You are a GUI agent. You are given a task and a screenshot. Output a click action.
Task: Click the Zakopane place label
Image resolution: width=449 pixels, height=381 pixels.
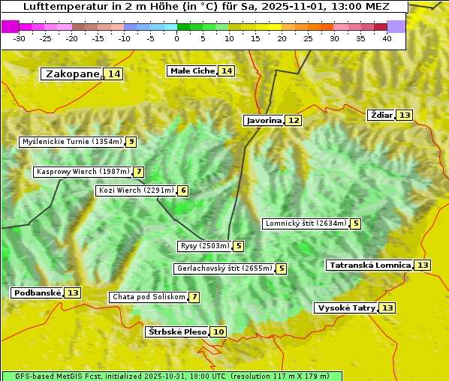[x=72, y=73]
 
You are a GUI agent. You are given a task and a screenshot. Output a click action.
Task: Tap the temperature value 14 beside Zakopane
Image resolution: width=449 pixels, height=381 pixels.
[x=113, y=73]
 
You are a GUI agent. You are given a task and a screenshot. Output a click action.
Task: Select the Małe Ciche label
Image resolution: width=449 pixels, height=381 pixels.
[x=192, y=70]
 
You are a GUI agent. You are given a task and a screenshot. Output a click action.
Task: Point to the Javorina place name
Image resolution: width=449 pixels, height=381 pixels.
[x=264, y=120]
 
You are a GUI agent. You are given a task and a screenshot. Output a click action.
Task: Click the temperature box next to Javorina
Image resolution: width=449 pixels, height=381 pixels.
[x=294, y=120]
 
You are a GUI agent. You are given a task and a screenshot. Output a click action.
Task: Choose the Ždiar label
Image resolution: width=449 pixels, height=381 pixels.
[x=381, y=115]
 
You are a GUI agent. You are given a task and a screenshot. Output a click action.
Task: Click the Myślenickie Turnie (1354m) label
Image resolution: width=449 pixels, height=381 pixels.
[x=72, y=141]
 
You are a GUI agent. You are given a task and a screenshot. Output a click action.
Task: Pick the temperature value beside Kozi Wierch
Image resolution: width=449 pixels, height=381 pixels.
[x=183, y=190]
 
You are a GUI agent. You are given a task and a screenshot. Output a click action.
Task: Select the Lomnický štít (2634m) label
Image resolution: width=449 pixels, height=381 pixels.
[x=306, y=223]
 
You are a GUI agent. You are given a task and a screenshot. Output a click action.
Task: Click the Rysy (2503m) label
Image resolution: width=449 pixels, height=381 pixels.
[x=203, y=246]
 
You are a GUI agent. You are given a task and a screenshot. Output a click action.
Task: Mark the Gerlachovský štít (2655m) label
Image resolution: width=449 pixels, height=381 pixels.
[x=224, y=268]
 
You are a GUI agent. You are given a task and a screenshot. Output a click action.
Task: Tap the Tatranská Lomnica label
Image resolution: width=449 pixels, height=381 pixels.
[x=370, y=265]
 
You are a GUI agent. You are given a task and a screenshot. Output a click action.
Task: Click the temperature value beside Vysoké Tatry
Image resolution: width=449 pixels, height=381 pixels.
[x=387, y=307]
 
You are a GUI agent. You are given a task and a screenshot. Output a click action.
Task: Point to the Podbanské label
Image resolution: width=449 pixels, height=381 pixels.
[x=37, y=292]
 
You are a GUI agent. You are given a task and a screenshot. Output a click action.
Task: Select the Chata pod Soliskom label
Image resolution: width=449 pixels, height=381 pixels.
[x=148, y=297]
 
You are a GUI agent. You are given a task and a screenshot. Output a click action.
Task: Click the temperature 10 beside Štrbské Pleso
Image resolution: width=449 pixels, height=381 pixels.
[x=218, y=331]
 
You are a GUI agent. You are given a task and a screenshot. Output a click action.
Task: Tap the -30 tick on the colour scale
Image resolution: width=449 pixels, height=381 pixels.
[x=20, y=38]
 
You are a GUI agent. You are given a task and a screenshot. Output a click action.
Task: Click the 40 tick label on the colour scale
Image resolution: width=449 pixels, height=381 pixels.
[x=387, y=38]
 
